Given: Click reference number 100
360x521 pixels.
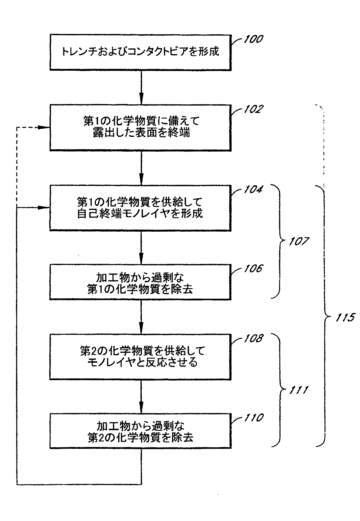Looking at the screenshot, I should (x=253, y=39).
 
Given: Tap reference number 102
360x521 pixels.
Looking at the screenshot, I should (x=252, y=109).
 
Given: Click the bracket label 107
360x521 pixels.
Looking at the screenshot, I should (x=299, y=241).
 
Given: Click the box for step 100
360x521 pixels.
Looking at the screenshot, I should (x=140, y=52).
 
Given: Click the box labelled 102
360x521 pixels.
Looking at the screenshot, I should (x=140, y=128).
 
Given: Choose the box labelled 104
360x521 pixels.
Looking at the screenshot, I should (x=140, y=208).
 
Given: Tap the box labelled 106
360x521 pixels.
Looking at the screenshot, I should (x=140, y=282).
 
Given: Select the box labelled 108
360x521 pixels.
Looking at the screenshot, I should (x=140, y=356).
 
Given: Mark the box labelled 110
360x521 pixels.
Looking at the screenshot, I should (x=140, y=431).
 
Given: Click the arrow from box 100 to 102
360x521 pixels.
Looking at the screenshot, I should (x=141, y=87).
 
